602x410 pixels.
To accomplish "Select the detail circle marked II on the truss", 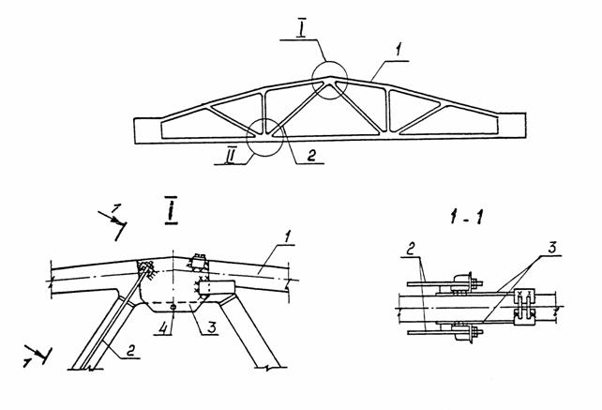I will [263, 139].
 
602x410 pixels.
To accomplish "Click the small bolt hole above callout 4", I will [173, 306].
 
